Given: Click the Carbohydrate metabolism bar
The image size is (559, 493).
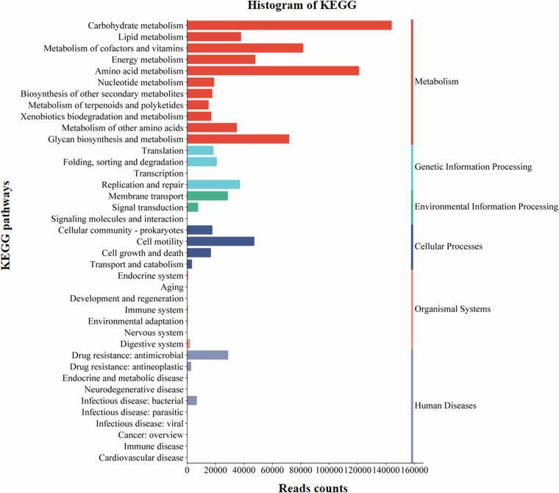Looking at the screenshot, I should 289,25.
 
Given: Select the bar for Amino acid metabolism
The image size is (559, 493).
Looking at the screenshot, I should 273,71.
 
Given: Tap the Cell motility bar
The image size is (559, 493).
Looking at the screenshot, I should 221,241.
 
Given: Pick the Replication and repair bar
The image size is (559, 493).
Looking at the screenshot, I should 213,184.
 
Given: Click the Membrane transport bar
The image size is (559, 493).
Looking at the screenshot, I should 207,196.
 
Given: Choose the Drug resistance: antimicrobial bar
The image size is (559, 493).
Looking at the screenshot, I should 207,355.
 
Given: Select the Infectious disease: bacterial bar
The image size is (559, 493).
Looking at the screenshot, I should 192,400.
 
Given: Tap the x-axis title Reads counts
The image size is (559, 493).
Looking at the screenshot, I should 313,487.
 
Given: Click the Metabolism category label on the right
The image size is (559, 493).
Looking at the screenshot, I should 436,82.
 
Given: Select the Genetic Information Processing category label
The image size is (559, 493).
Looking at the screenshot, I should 473,167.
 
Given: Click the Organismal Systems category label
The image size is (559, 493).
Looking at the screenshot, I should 452,309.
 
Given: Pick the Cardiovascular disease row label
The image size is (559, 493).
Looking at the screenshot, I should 140,458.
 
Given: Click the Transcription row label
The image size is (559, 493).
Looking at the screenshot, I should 153,173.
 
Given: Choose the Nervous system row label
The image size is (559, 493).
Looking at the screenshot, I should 150,333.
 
